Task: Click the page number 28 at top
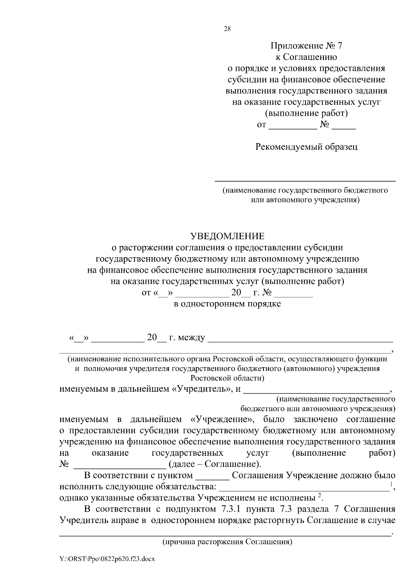pyautogui.click(x=227, y=29)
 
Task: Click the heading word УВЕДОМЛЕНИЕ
pyautogui.click(x=227, y=236)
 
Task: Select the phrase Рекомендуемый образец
pyautogui.click(x=306, y=147)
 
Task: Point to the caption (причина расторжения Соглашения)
pyautogui.click(x=228, y=542)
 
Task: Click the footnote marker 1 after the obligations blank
pyautogui.click(x=391, y=484)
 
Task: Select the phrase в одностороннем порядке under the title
pyautogui.click(x=227, y=304)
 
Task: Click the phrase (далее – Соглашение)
pyautogui.click(x=214, y=464)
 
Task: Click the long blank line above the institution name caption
pyautogui.click(x=305, y=180)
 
